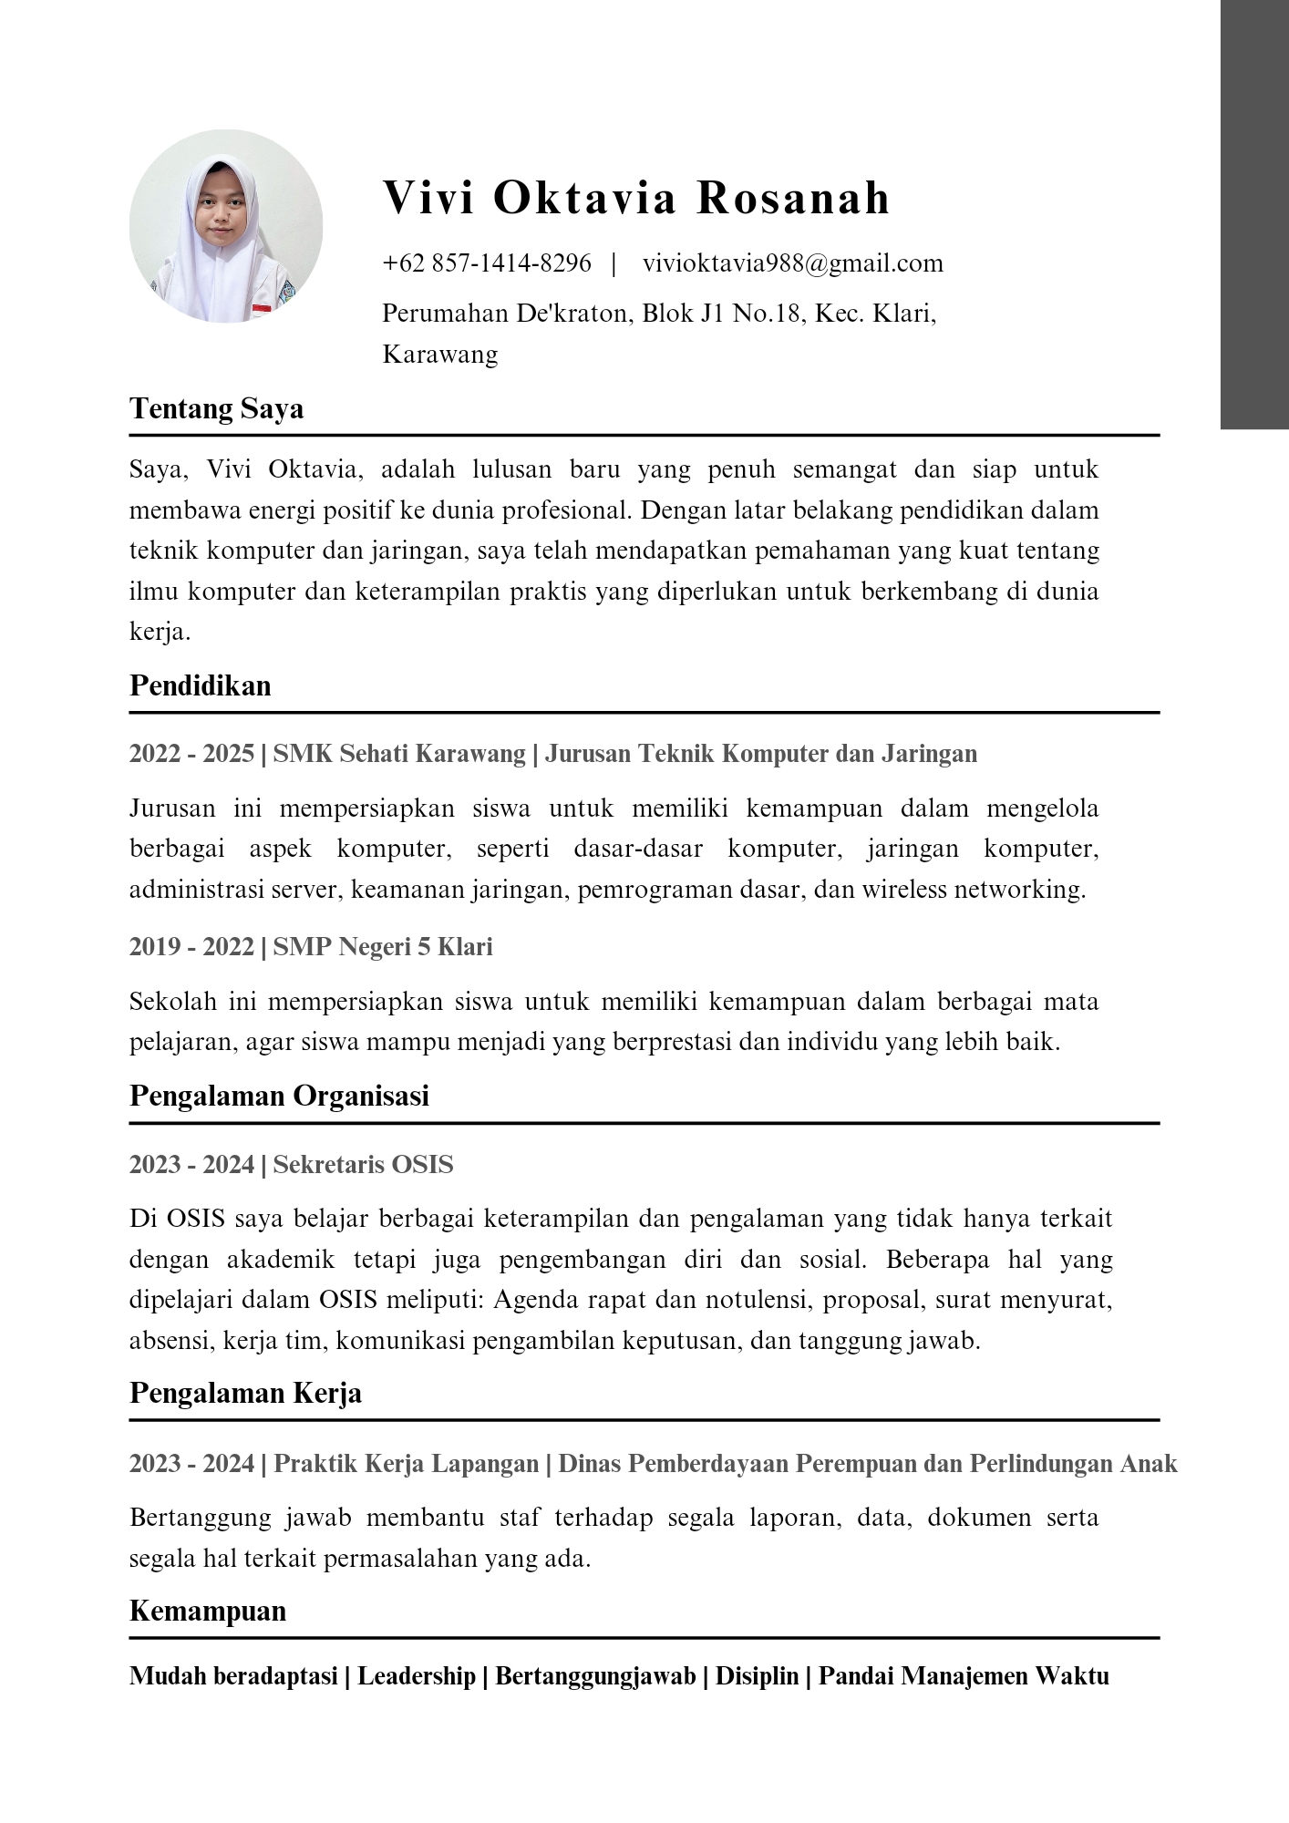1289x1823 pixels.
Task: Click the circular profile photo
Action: [x=226, y=226]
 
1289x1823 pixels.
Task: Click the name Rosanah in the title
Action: [x=793, y=198]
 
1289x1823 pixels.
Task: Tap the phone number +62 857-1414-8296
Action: [x=487, y=263]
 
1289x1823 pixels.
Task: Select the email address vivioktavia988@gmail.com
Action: [x=792, y=263]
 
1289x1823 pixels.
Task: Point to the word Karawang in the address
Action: [x=440, y=354]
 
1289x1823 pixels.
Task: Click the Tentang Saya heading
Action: [x=217, y=408]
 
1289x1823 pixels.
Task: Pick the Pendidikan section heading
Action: [x=201, y=685]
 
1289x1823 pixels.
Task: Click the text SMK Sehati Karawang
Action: [x=399, y=754]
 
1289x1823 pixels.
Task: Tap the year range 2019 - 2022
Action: [x=191, y=947]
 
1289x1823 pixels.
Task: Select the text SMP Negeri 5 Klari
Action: [x=383, y=947]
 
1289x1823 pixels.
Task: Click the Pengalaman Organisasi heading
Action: [x=279, y=1096]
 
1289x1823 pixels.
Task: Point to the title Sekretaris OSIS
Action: [x=363, y=1165]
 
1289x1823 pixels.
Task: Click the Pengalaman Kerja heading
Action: [x=245, y=1393]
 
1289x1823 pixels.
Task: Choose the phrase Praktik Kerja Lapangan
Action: [x=406, y=1464]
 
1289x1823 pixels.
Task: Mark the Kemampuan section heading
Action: [x=208, y=1611]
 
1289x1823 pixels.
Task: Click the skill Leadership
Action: [x=417, y=1676]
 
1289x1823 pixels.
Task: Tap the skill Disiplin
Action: [x=757, y=1676]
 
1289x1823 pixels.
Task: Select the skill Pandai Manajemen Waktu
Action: [x=964, y=1676]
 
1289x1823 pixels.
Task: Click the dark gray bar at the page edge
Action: [x=1254, y=214]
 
